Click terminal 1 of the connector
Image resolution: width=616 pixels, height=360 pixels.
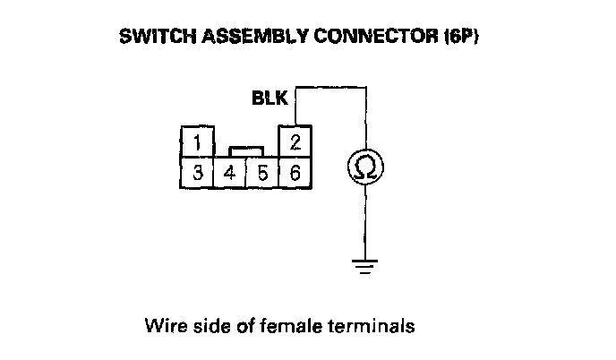(x=196, y=141)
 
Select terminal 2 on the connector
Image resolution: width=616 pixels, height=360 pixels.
(x=295, y=141)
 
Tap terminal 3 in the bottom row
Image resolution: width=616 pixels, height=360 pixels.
(x=196, y=172)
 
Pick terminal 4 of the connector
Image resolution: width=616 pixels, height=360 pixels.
(x=229, y=172)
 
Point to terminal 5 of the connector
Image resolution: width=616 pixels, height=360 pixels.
(x=262, y=172)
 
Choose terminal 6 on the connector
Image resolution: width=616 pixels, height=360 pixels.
(x=295, y=172)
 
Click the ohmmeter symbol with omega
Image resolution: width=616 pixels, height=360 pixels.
(x=364, y=167)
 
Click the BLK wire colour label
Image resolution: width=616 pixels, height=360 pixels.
(x=269, y=99)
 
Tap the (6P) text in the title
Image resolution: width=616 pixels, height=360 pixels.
(x=415, y=39)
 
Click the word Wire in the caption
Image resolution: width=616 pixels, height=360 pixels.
(x=160, y=326)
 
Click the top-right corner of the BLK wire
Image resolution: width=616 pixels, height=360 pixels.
(x=364, y=88)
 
